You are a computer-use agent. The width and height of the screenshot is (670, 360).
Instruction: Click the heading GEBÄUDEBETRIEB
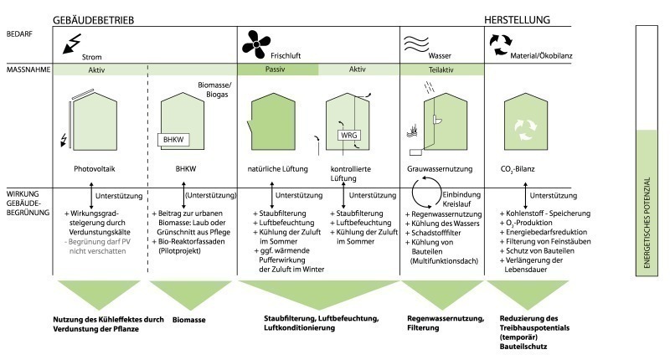pos(93,20)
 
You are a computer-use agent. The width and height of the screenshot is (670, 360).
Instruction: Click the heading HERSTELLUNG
pos(517,19)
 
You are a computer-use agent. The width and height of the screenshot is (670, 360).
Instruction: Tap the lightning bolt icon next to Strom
pos(72,44)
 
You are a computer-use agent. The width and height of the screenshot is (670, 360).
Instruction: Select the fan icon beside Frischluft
pos(256,44)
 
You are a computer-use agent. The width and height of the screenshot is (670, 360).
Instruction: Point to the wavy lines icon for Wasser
pos(415,44)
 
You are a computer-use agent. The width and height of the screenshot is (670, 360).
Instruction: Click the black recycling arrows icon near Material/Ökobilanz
pos(500,45)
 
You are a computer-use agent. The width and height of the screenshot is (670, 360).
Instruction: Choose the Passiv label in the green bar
pos(276,69)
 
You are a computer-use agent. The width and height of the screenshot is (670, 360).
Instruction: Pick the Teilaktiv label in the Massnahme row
pos(441,69)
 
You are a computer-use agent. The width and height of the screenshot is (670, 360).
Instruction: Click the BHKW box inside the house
pos(173,140)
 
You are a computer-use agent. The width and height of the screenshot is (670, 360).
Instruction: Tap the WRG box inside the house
pos(348,136)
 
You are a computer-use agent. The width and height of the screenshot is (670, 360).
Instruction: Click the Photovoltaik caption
pos(95,168)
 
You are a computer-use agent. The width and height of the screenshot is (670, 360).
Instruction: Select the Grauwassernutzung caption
pos(440,168)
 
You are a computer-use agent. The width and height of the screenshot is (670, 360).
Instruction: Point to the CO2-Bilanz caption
pos(518,169)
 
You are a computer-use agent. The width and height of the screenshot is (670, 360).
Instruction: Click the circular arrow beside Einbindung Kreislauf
pos(426,193)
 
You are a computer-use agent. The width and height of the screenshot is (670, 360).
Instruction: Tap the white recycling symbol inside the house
pos(525,130)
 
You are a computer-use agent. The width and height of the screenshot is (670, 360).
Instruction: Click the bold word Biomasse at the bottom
pos(189,320)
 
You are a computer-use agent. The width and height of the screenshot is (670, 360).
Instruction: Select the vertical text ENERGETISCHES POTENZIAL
pos(647,223)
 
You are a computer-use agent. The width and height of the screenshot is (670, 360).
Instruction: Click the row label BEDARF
pos(19,33)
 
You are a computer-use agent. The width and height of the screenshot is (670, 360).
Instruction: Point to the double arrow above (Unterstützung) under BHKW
pos(183,196)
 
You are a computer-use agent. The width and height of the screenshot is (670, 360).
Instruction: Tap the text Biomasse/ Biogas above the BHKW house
pos(215,90)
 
